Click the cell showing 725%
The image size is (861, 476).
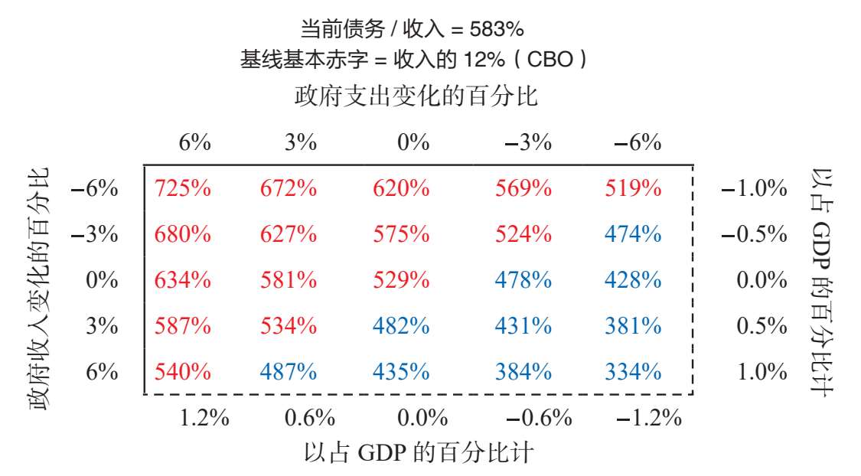[x=182, y=188]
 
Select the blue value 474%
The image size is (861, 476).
[x=633, y=234]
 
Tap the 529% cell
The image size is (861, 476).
[x=401, y=280]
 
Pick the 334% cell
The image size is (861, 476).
[x=633, y=372]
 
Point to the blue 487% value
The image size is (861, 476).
[x=289, y=372]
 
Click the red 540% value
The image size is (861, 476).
[x=182, y=372]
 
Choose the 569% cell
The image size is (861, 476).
[x=523, y=188]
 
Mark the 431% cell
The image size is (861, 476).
[x=523, y=326]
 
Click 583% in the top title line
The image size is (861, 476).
[x=497, y=29]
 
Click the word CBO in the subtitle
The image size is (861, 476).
[x=550, y=59]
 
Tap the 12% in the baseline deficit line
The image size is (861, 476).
[x=484, y=59]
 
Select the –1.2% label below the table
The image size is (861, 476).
[x=649, y=419]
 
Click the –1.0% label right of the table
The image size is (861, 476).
[x=754, y=188]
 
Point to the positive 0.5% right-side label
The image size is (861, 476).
[x=762, y=326]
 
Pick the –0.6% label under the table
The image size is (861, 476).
[x=539, y=419]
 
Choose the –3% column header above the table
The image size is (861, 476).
[x=528, y=143]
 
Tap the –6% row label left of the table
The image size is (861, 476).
[x=94, y=189]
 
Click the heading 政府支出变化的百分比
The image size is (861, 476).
[x=416, y=96]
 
